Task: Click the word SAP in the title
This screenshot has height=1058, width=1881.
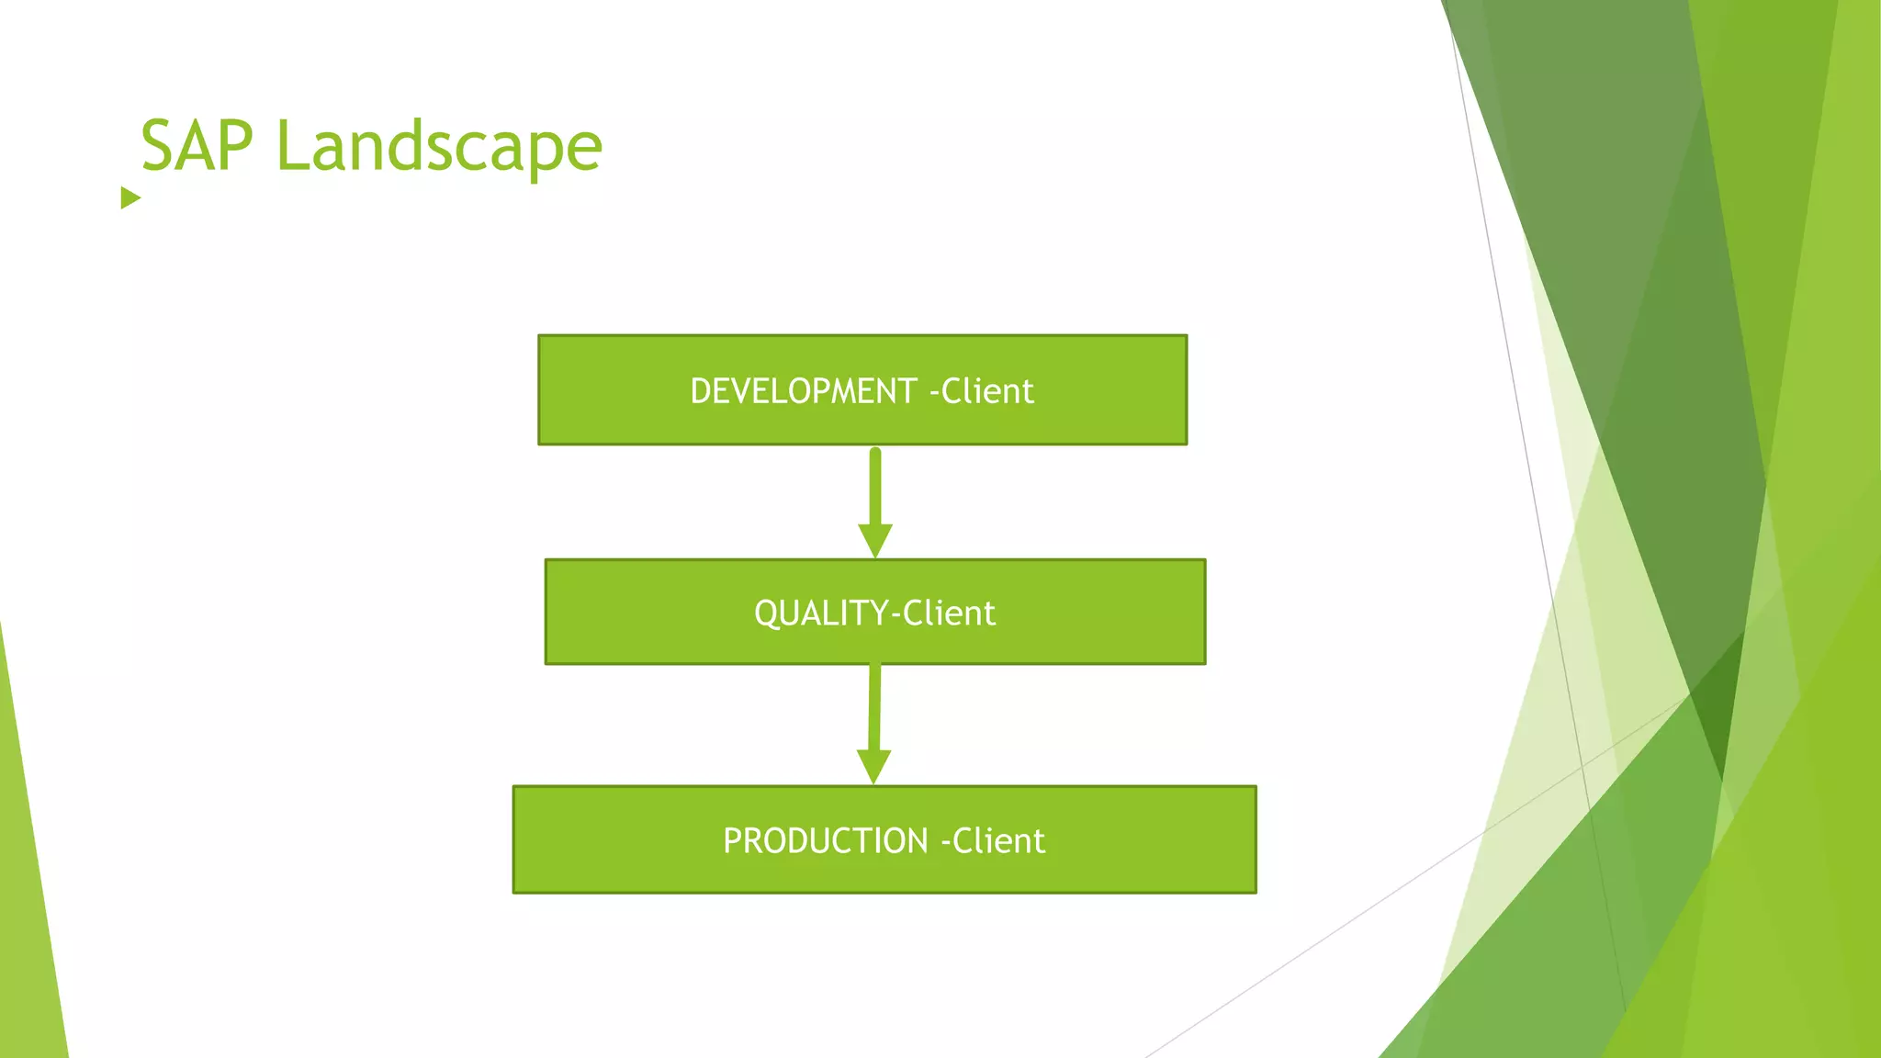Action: pyautogui.click(x=197, y=147)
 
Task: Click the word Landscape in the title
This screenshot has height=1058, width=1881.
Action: pyautogui.click(x=439, y=147)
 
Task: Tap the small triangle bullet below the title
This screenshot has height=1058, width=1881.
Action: pyautogui.click(x=130, y=197)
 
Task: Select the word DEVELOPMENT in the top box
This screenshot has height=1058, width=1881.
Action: pyautogui.click(x=803, y=391)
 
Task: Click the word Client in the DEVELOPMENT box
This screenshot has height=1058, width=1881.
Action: pyautogui.click(x=987, y=391)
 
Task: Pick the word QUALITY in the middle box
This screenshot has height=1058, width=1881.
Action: pyautogui.click(x=821, y=613)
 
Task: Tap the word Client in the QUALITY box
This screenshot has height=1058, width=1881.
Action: pyautogui.click(x=949, y=613)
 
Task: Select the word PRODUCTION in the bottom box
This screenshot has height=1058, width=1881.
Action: pyautogui.click(x=825, y=841)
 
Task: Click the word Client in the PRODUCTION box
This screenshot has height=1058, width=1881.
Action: pyautogui.click(x=998, y=841)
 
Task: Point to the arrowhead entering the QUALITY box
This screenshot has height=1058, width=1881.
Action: pyautogui.click(x=875, y=539)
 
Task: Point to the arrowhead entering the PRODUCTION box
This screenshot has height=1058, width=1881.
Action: pyautogui.click(x=873, y=765)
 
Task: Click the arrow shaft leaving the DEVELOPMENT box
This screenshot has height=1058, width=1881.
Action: pyautogui.click(x=875, y=487)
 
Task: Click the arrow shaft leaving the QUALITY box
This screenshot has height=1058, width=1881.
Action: pyautogui.click(x=874, y=707)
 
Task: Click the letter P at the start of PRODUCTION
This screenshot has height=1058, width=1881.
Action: pyautogui.click(x=732, y=841)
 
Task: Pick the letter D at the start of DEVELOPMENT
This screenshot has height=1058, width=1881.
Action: pyautogui.click(x=700, y=391)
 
